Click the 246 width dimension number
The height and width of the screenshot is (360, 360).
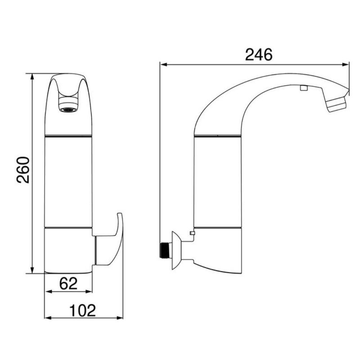(x=259, y=54)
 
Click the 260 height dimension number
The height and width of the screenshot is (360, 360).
(x=23, y=170)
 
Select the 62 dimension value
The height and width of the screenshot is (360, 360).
(x=68, y=283)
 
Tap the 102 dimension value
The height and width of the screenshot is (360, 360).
(x=83, y=310)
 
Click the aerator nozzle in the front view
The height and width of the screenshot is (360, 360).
(x=68, y=108)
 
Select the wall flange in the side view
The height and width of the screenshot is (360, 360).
(x=176, y=250)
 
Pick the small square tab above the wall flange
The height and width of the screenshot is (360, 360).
(x=192, y=233)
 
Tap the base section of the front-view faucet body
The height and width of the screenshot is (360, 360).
(x=68, y=250)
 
